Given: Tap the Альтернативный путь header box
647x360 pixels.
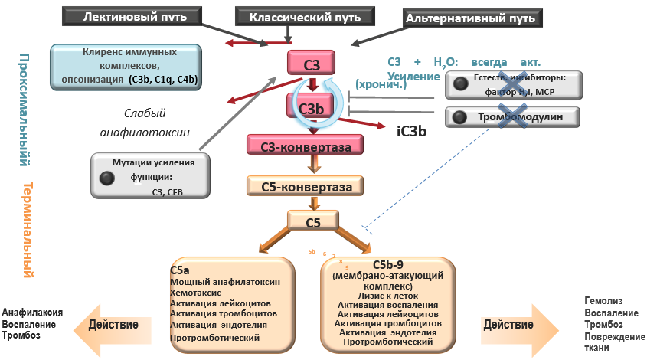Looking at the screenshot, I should coord(469,16).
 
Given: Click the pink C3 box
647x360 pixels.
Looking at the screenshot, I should coord(310,64).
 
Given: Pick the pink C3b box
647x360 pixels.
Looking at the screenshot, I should coord(311,108).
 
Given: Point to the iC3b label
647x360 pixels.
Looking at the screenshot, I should coord(411,131).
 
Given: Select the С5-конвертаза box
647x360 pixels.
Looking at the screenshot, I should coord(304,186).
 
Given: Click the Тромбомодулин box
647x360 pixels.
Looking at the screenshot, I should coord(511,117).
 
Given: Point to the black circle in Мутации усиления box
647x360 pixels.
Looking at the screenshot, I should coord(107,178).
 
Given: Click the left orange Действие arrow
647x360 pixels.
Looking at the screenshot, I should coord(116,324).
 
